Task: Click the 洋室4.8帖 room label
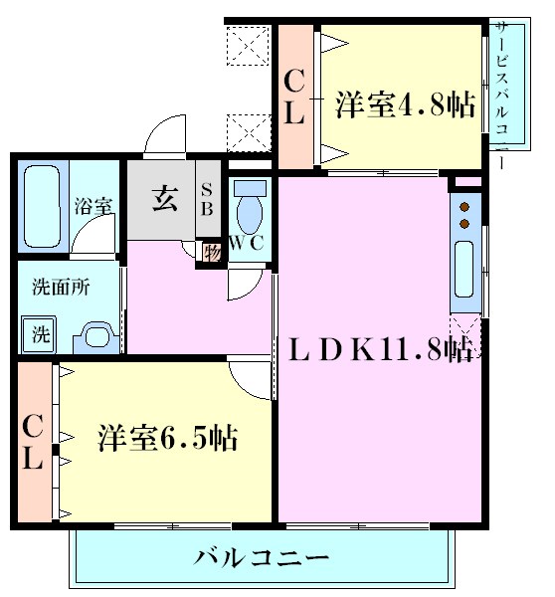click(x=405, y=104)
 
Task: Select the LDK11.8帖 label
click(x=381, y=349)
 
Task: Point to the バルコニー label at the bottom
click(x=262, y=558)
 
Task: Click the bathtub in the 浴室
click(x=42, y=207)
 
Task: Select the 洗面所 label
click(x=61, y=288)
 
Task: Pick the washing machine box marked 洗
click(x=39, y=334)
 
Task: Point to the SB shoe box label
click(x=207, y=199)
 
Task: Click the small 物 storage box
click(x=212, y=252)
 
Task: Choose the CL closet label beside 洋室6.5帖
click(x=33, y=442)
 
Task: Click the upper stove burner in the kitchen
click(x=464, y=207)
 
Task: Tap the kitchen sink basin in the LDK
click(x=464, y=269)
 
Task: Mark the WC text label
click(x=247, y=242)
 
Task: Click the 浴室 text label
click(x=93, y=206)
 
